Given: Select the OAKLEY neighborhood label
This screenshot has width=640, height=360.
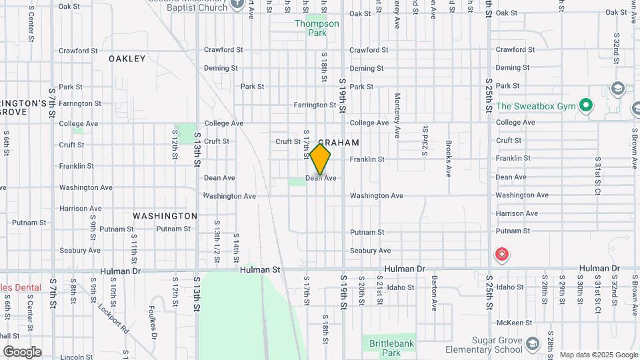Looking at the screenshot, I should coord(127,59).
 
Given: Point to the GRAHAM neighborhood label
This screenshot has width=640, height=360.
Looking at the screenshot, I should coord(339,143).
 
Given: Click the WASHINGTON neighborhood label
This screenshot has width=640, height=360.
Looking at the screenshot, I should coord(165,216).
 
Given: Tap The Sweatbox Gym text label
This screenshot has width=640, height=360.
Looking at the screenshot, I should coord(534,106).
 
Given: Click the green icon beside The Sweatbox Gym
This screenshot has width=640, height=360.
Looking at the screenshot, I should coord(586,105).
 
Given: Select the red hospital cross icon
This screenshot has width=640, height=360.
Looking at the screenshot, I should coord(501,255).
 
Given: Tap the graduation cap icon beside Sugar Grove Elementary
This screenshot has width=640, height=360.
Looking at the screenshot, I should coord(532,344).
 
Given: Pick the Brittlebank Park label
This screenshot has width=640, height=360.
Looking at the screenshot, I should coord(392,348).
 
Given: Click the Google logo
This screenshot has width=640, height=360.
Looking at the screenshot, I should coord(21,352).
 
